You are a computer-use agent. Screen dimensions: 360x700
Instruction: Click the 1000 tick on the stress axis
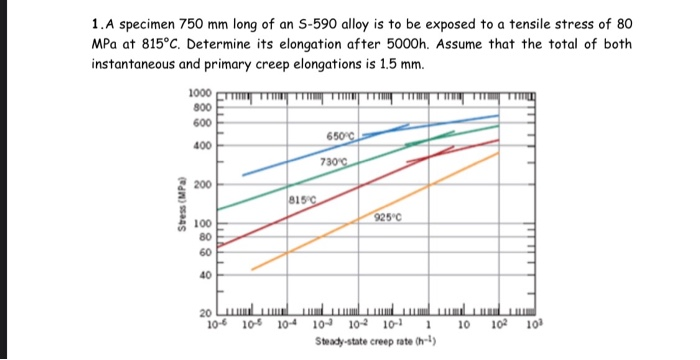click(199, 93)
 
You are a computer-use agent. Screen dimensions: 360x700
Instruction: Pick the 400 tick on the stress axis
click(202, 146)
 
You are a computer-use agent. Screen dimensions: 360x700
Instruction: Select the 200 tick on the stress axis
click(202, 186)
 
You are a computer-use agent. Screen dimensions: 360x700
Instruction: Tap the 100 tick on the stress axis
click(202, 224)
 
